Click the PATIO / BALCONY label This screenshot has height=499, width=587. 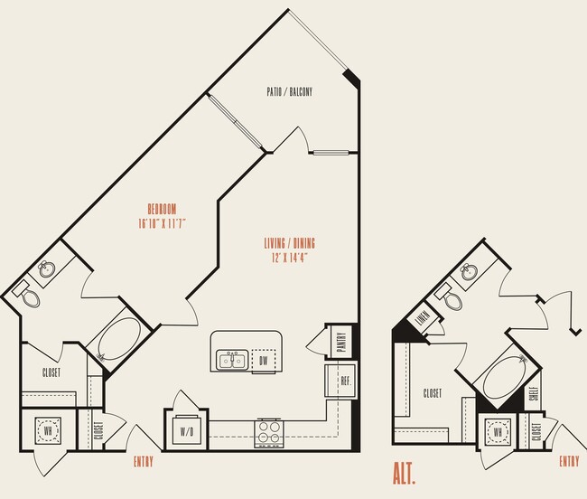(289, 91)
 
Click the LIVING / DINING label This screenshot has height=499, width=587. (289, 242)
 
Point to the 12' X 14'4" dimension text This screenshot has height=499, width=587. (289, 257)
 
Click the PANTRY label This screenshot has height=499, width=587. (341, 340)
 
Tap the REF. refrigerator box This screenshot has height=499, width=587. (343, 380)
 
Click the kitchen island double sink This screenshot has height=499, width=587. (232, 361)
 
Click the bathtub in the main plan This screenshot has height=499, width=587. (115, 341)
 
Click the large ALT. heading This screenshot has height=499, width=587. (408, 472)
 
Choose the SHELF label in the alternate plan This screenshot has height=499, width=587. (533, 392)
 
